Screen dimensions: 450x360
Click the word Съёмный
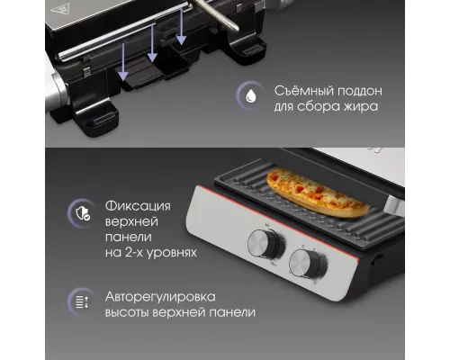(x=302, y=91)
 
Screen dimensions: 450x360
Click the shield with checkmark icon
(x=83, y=213)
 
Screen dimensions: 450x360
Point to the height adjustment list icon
(x=82, y=301)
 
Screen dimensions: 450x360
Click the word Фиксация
(x=138, y=206)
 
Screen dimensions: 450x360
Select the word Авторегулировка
(x=160, y=297)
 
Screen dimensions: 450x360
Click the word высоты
(x=127, y=313)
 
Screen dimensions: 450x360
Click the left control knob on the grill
(x=265, y=244)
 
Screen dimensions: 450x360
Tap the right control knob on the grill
(x=308, y=265)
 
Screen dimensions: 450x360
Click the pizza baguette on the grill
(x=318, y=193)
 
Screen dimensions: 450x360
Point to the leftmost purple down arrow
(x=123, y=62)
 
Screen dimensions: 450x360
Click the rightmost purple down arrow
(x=181, y=27)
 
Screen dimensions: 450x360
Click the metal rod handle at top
(x=216, y=14)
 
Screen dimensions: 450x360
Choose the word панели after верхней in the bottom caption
(x=234, y=313)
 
